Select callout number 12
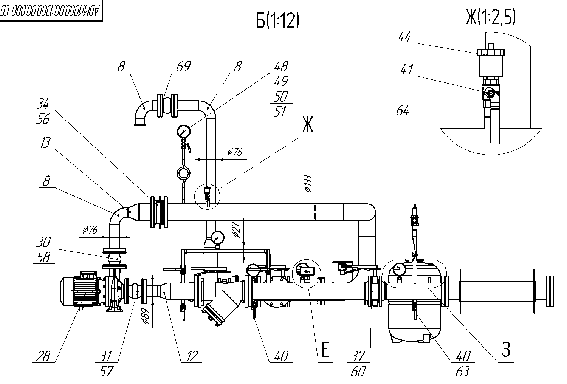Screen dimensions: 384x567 tap(192, 356)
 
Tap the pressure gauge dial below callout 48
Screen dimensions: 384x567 tap(183, 132)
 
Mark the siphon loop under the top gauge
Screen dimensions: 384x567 tap(184, 173)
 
